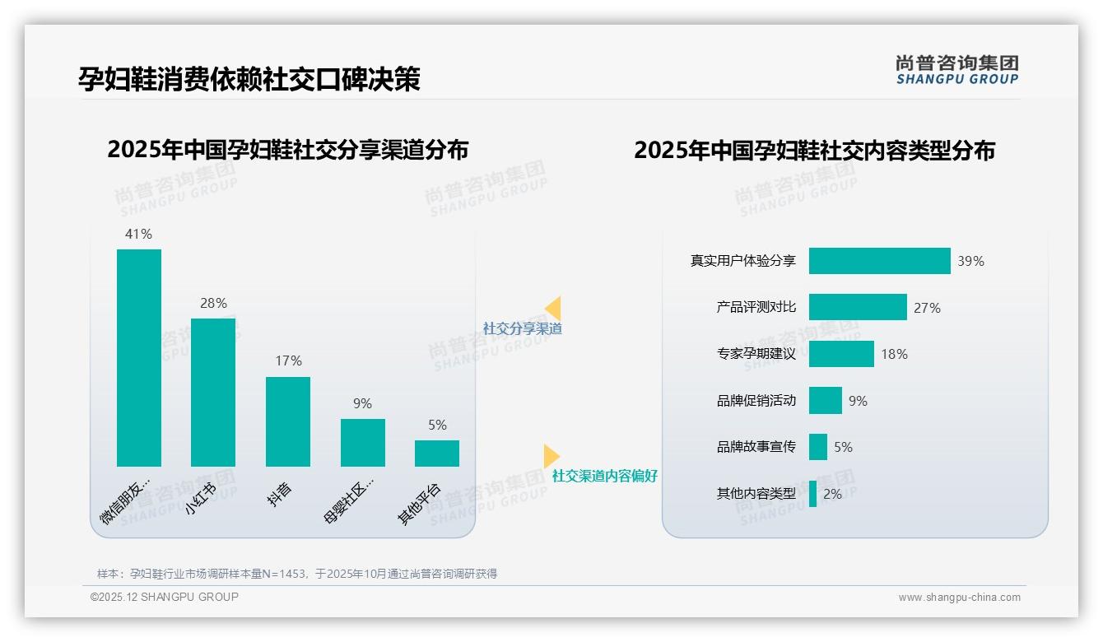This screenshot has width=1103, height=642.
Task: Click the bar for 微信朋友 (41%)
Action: pyautogui.click(x=139, y=358)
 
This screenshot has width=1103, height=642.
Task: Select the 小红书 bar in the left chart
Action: pyautogui.click(x=213, y=393)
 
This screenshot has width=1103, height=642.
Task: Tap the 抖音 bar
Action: pyautogui.click(x=288, y=421)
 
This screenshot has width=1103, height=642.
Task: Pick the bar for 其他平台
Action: pyautogui.click(x=437, y=454)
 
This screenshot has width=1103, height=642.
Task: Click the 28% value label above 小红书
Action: pyautogui.click(x=213, y=303)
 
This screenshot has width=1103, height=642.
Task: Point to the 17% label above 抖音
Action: pyautogui.click(x=288, y=361)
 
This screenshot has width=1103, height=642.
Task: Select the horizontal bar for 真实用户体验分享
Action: pyautogui.click(x=879, y=261)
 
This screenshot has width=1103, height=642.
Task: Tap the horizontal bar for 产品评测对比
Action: pyautogui.click(x=858, y=307)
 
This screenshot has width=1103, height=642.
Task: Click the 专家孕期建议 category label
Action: pyautogui.click(x=756, y=354)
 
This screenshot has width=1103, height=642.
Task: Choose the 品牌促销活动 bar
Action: pyautogui.click(x=826, y=401)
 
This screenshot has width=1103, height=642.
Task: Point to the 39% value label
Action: pyautogui.click(x=970, y=261)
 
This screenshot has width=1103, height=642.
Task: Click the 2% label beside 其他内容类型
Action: pyautogui.click(x=832, y=494)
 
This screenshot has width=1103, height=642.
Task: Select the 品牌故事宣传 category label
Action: pyautogui.click(x=756, y=447)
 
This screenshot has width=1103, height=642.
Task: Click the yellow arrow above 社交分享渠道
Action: pyautogui.click(x=553, y=309)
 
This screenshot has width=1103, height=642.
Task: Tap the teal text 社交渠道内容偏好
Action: pyautogui.click(x=604, y=476)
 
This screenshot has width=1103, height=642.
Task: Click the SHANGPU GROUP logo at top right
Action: pyautogui.click(x=957, y=69)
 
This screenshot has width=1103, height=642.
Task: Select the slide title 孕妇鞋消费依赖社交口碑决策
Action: pyautogui.click(x=249, y=79)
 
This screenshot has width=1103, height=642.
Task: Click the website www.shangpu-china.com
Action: pyautogui.click(x=959, y=598)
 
